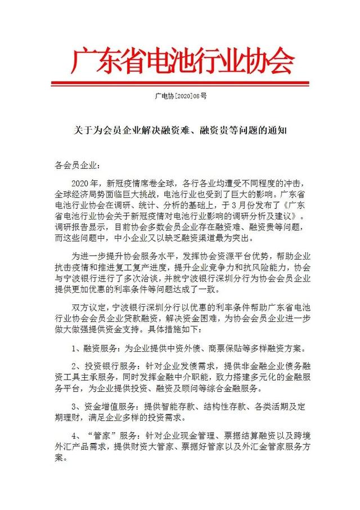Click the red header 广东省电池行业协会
pos(181,61)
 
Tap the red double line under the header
pos(181,84)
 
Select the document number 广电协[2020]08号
pos(181,97)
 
